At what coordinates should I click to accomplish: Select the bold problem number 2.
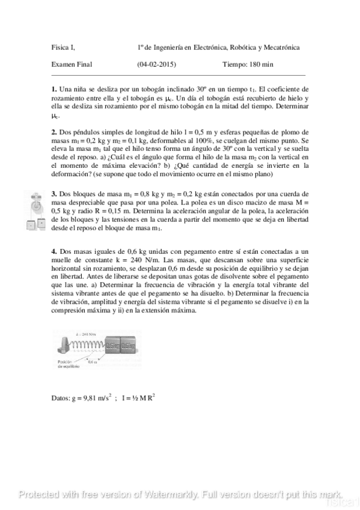pos(54,132)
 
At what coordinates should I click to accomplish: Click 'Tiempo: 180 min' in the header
pos(248,64)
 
